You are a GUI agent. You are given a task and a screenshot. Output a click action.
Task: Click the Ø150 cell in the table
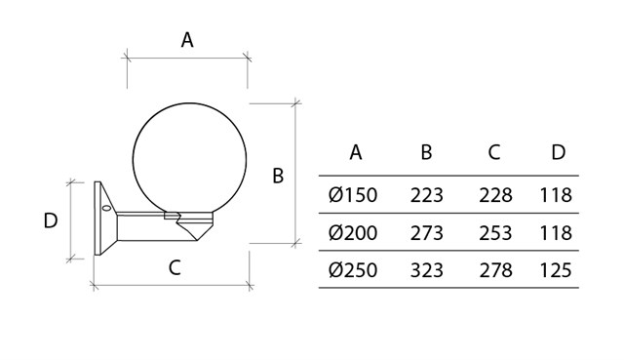click(353, 195)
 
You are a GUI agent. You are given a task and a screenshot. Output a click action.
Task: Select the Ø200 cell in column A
click(353, 232)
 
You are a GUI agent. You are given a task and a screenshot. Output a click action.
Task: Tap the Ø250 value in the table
click(353, 270)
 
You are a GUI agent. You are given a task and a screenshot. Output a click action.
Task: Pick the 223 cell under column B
click(427, 195)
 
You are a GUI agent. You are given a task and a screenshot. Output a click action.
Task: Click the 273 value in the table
click(427, 232)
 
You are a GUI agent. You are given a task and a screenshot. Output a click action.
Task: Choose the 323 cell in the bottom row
click(427, 270)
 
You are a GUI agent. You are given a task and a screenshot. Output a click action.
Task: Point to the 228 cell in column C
click(495, 195)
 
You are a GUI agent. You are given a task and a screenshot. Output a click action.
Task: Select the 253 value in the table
click(495, 232)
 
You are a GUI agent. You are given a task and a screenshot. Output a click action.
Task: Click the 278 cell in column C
click(495, 270)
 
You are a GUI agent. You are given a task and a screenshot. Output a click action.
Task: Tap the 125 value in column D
click(556, 270)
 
